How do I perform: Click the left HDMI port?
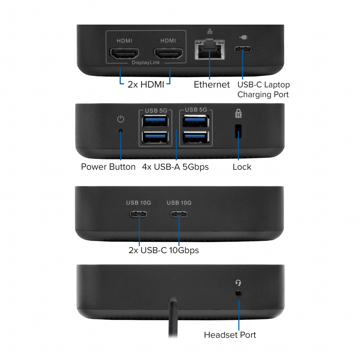[x=124, y=53]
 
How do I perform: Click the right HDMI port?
[x=168, y=53]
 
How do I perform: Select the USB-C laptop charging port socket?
[x=243, y=49]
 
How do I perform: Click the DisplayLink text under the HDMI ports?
[x=146, y=63]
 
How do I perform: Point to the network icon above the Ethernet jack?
[x=210, y=31]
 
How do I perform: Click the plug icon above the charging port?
[x=243, y=37]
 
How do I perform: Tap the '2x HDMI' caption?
[x=146, y=84]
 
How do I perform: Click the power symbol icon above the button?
[x=121, y=119]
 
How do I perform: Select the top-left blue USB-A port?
[x=155, y=121]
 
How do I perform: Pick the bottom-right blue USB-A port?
[x=196, y=137]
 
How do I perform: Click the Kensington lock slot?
[x=238, y=131]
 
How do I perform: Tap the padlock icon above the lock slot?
[x=238, y=113]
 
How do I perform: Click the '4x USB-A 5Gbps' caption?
[x=175, y=167]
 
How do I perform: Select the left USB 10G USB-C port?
[x=139, y=214]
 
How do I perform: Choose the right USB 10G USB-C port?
[x=179, y=214]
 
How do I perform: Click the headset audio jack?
[x=238, y=294]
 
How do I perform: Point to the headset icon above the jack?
[x=238, y=283]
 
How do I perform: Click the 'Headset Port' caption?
[x=230, y=335]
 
